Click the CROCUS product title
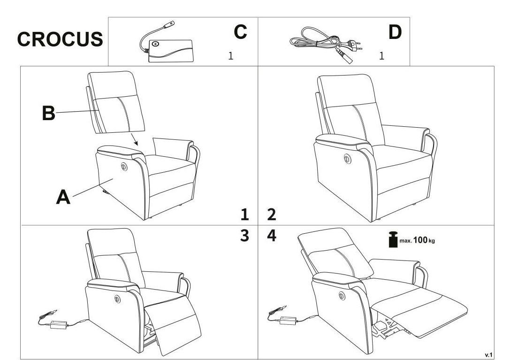point(60,39)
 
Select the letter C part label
point(240,32)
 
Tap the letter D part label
point(395,32)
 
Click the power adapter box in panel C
point(170,51)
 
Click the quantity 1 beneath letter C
point(231,56)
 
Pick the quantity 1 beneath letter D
point(382,56)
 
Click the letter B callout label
point(48,113)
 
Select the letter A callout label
point(63,197)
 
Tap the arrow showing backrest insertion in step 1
point(134,139)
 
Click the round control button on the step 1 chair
point(124,167)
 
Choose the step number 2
point(271,214)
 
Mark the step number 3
point(244,236)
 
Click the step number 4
point(271,236)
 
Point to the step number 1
point(244,214)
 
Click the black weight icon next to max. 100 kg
point(393,239)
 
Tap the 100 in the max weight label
point(420,240)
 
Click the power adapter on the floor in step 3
point(59,324)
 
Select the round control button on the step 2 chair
point(347,159)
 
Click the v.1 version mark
point(488,355)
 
